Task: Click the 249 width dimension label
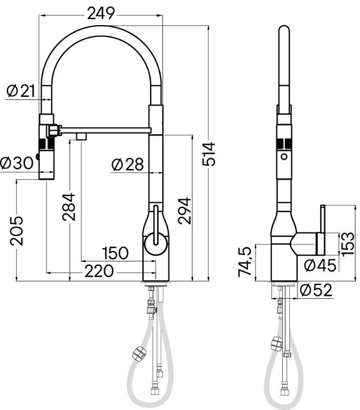point(101,13)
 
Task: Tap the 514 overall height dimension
point(209,154)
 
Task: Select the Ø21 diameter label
point(21,91)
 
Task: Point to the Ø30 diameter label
point(17,162)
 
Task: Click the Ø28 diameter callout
point(128,164)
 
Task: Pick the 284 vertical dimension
point(69,207)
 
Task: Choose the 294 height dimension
point(184,211)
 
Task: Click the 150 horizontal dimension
point(115,253)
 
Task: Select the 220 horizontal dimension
point(99,271)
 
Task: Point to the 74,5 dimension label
point(245,261)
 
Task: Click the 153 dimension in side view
point(348,244)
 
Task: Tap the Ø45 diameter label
point(320,265)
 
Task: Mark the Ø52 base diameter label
point(316,290)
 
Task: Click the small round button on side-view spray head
point(284,157)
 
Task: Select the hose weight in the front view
point(139,353)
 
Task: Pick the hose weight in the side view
point(277,343)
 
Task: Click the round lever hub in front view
point(156,244)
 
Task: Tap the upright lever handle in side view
point(323,230)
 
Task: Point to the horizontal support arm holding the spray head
point(105,130)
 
